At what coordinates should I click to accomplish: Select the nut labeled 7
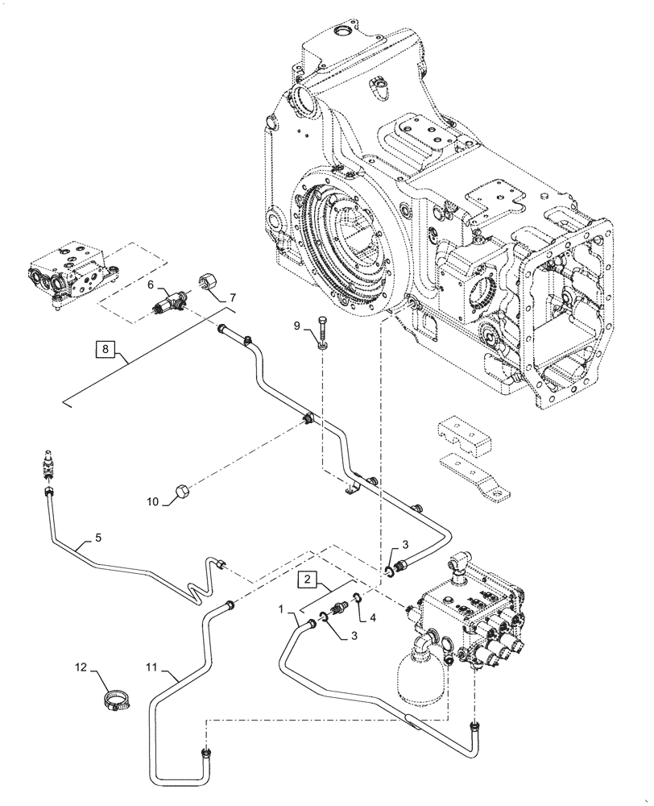pyautogui.click(x=206, y=284)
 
